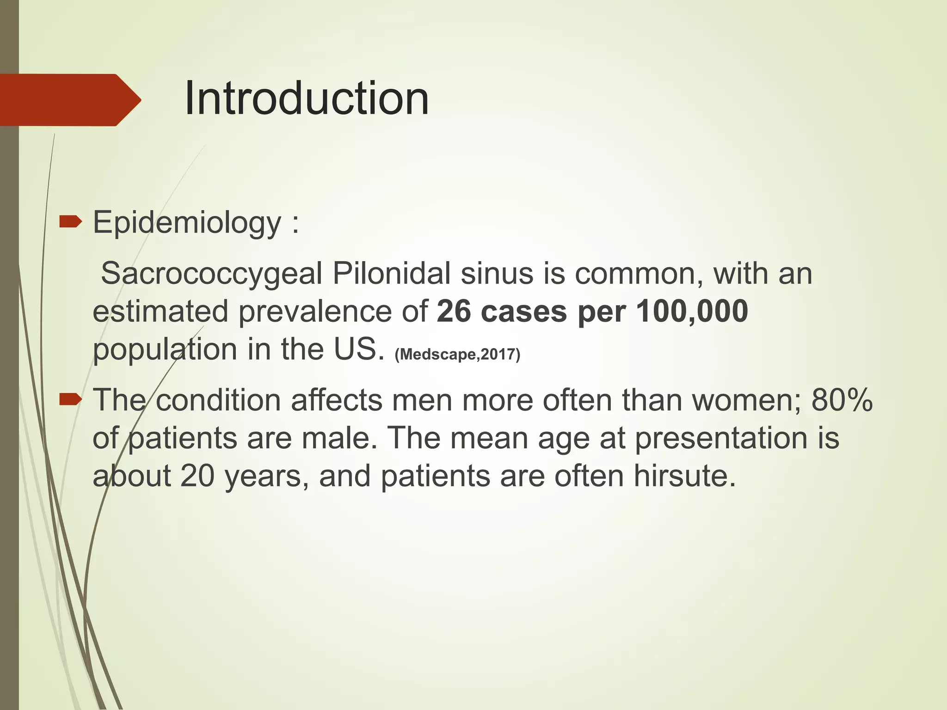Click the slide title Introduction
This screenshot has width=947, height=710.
(x=307, y=98)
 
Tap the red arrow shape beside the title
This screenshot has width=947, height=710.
(x=69, y=100)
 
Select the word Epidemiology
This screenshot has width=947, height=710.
(x=187, y=223)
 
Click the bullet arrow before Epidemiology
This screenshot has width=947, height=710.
(x=70, y=222)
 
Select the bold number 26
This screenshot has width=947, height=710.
(x=453, y=311)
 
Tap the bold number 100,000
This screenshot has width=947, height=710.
(x=692, y=311)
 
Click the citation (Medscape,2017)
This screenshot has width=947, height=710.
(x=457, y=355)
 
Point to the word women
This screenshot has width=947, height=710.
(x=745, y=400)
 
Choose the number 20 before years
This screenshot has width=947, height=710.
(x=197, y=476)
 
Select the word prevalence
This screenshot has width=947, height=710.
(x=315, y=311)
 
